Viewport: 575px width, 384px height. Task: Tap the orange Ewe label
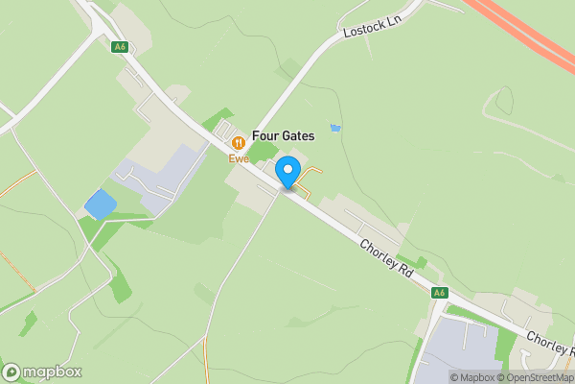click(238, 159)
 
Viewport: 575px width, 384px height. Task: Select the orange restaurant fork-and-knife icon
click(238, 142)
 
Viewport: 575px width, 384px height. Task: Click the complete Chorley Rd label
click(387, 258)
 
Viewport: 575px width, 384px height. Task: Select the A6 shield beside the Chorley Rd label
click(439, 293)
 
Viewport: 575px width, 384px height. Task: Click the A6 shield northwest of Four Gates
click(120, 47)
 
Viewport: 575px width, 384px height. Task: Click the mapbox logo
click(42, 372)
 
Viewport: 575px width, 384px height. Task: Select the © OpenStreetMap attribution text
click(539, 377)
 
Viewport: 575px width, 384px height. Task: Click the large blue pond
click(99, 204)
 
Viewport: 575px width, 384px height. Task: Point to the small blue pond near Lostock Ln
click(334, 128)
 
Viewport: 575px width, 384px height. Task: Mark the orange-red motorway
click(527, 38)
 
